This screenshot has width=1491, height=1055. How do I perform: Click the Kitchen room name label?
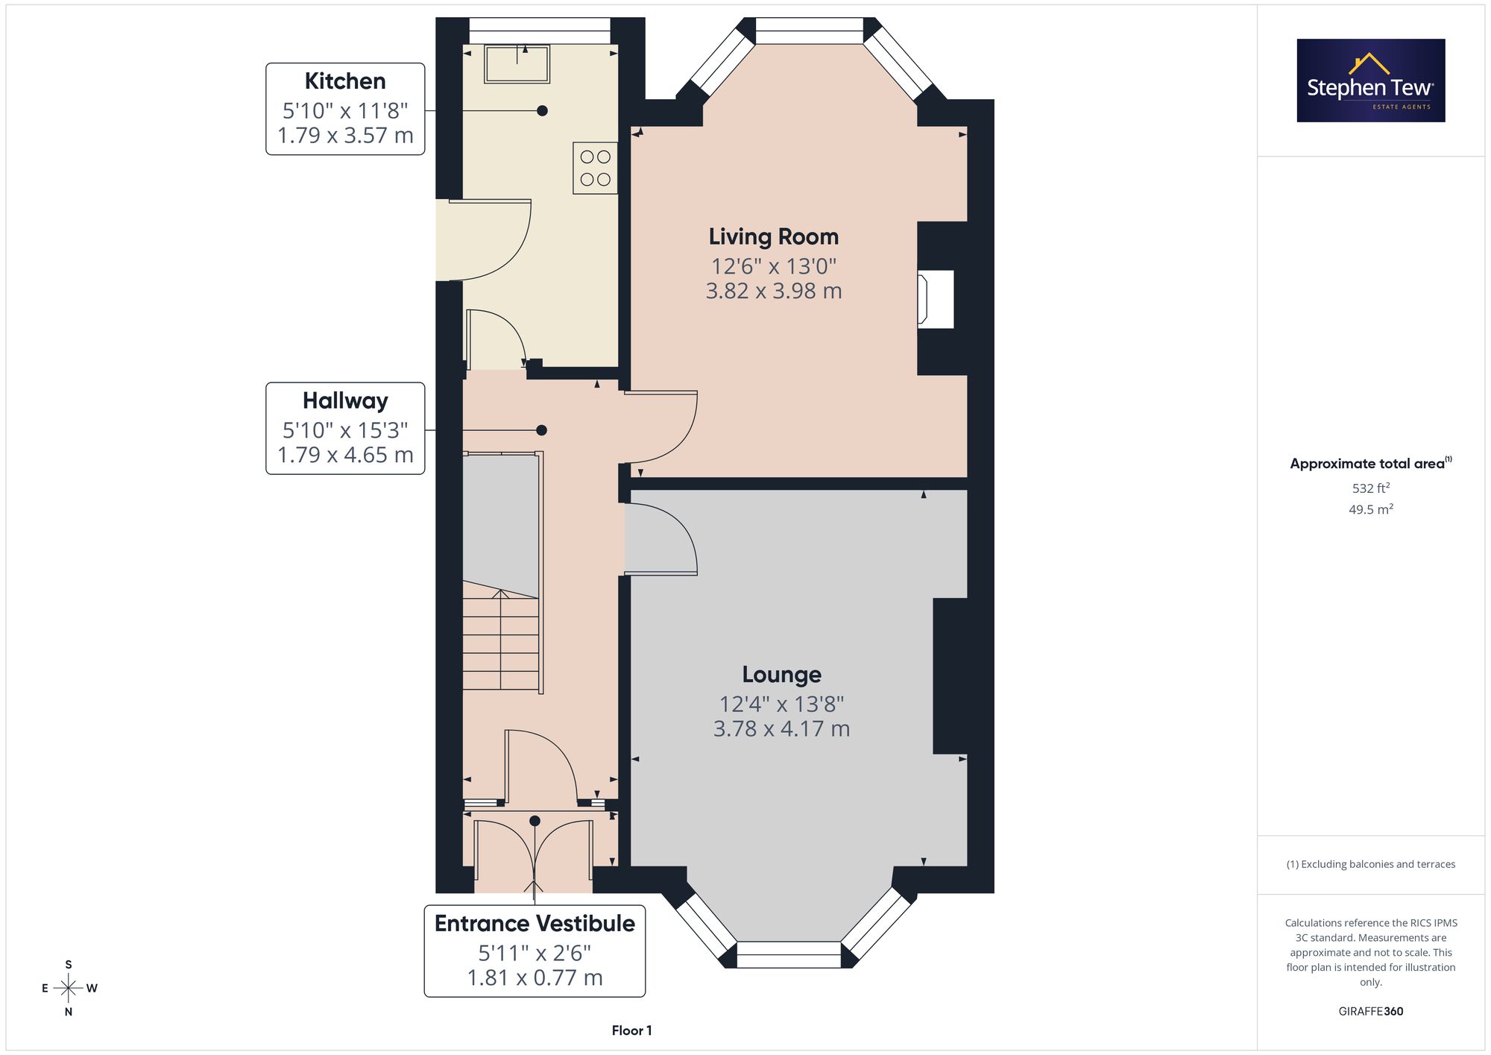coord(345,81)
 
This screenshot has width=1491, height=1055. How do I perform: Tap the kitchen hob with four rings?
coord(595,168)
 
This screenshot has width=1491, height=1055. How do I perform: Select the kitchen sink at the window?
coord(517,63)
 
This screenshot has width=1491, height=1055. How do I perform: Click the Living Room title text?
coord(774,237)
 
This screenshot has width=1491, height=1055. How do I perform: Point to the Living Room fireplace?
coord(936,299)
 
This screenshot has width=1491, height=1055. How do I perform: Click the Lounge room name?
coord(781,675)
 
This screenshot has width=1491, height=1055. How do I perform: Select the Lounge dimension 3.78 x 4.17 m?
coord(781,728)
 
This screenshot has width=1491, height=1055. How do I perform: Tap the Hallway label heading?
coord(345,401)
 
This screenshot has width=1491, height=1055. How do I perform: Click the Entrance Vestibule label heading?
coord(535,924)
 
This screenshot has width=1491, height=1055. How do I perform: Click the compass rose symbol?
coord(69,989)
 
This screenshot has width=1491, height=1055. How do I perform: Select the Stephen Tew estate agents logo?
coord(1371,81)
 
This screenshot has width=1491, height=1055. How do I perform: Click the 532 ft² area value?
coord(1371,488)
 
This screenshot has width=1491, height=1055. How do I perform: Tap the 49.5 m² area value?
coord(1371,509)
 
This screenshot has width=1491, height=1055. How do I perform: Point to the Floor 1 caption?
coord(631,1030)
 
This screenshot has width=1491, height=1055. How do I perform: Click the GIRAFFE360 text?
coord(1371,1011)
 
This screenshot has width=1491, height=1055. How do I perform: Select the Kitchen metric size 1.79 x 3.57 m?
coord(345,135)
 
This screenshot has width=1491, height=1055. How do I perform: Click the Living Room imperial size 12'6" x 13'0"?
coord(774,266)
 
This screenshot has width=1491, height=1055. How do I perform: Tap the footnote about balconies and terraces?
coord(1371,864)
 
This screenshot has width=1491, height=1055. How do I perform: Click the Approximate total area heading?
coord(1371,463)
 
